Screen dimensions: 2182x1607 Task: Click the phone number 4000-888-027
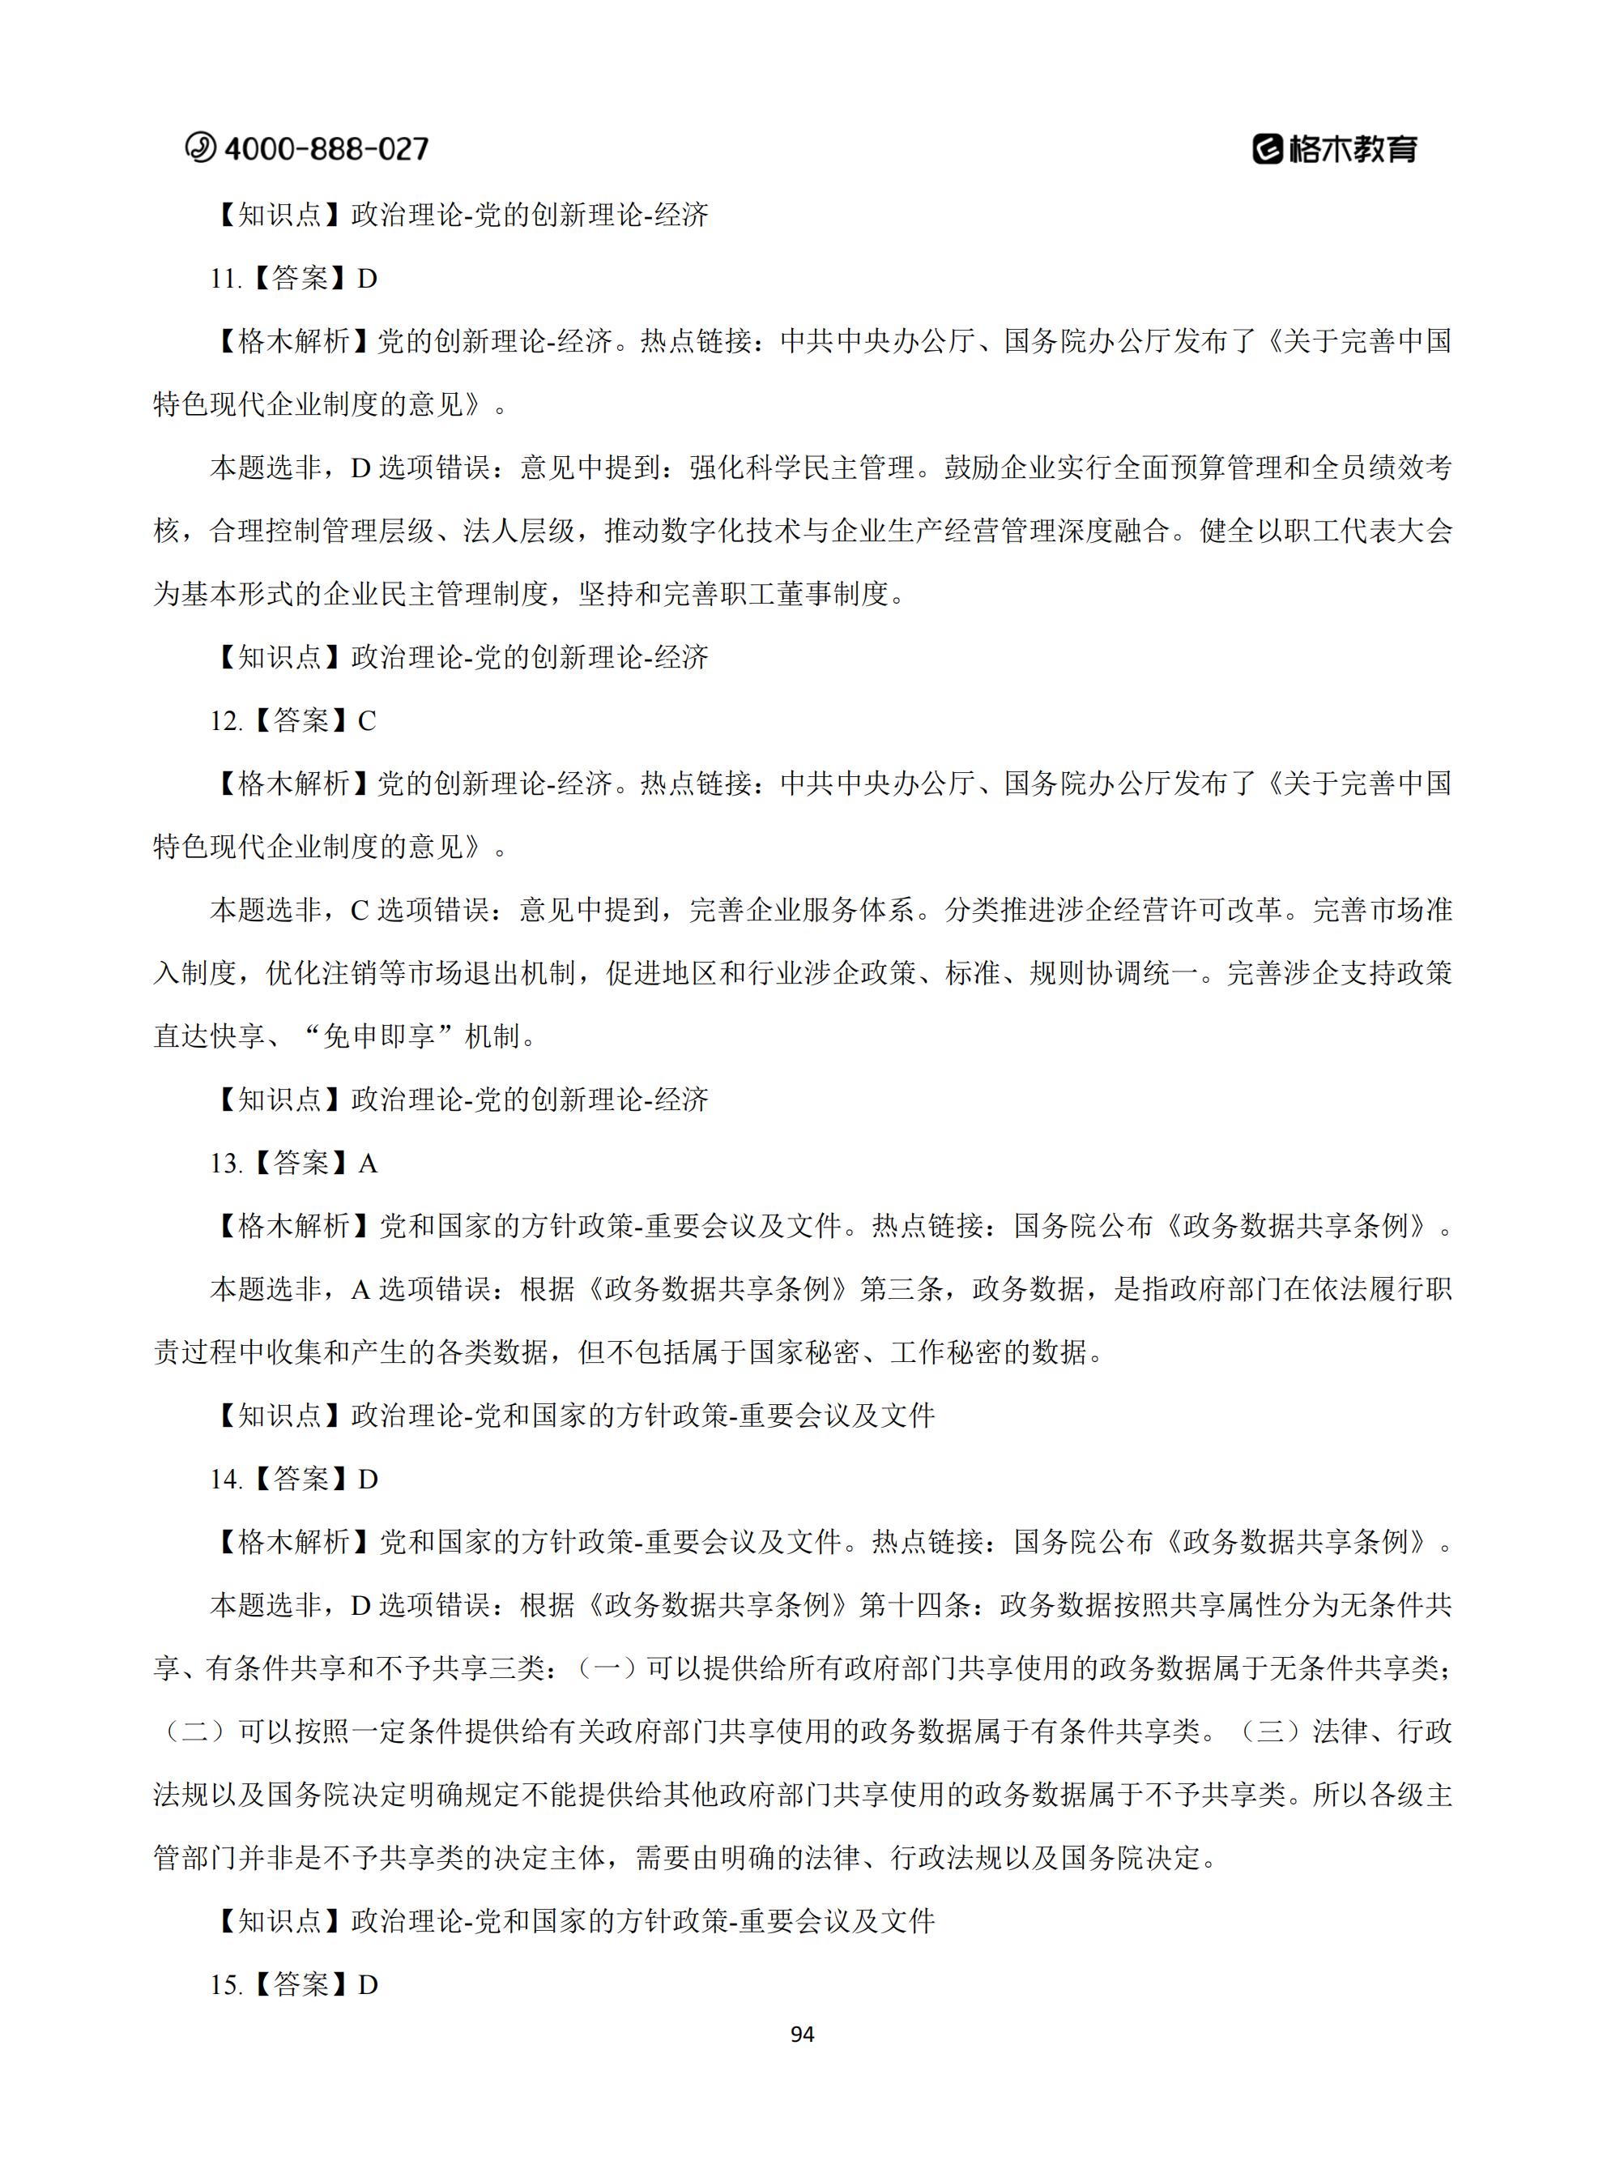coord(326,149)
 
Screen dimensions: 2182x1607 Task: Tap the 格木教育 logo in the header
coord(1335,149)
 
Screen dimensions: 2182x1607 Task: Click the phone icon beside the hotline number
coord(200,147)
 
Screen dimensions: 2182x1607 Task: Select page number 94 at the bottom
coord(803,2035)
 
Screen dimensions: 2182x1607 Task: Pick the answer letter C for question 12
coord(367,721)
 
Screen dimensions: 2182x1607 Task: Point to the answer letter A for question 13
coord(367,1164)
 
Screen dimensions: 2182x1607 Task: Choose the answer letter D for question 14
coord(367,1480)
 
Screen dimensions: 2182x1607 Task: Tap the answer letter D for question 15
coord(367,1984)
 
